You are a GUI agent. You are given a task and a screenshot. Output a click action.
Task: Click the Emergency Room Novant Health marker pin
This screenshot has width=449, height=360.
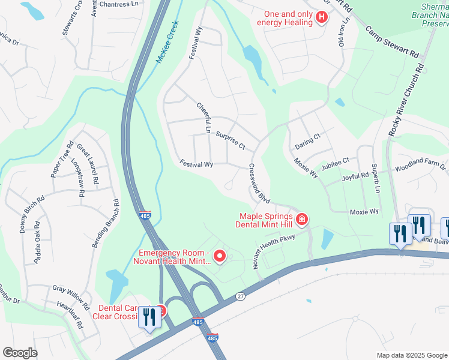[x=220, y=257]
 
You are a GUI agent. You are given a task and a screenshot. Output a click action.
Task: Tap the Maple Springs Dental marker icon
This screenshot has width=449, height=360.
[x=301, y=220]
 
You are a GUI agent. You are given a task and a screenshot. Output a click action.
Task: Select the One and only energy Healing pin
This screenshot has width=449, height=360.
[x=321, y=17]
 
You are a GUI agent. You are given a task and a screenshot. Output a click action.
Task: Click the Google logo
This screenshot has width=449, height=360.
[x=20, y=353]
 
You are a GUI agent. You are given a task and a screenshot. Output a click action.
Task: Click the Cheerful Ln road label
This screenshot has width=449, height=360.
[x=205, y=118]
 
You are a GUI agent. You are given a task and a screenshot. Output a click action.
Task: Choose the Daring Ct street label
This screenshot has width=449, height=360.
[x=308, y=142]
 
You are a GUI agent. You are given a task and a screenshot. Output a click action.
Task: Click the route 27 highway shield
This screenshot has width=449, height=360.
[x=241, y=296]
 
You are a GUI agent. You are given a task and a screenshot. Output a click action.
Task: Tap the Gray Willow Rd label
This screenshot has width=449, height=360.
[x=71, y=290]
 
